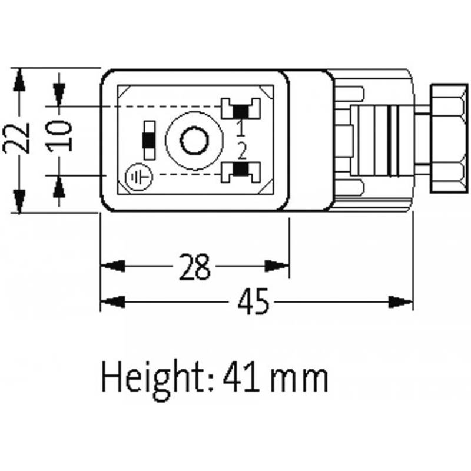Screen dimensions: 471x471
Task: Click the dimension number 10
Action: coord(61,135)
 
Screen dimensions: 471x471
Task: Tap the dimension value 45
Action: coord(253,303)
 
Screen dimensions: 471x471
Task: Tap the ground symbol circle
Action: coord(139,177)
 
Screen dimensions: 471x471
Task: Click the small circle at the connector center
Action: coord(194,141)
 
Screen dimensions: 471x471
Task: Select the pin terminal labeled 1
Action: coord(240,109)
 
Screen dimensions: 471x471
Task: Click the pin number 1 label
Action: coord(241,126)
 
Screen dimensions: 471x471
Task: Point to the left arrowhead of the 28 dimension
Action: coord(112,266)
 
